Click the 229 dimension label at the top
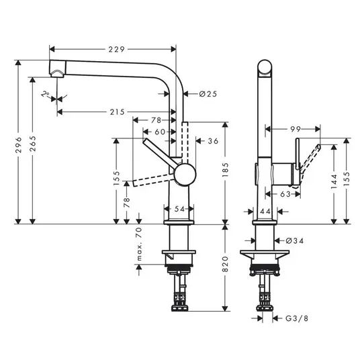(x=116, y=49)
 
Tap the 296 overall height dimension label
(x=18, y=145)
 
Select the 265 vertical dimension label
(x=34, y=144)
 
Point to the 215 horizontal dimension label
(x=117, y=112)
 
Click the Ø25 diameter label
(x=208, y=94)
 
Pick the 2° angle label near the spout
(x=46, y=94)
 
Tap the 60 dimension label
(x=160, y=132)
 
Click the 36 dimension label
(x=213, y=141)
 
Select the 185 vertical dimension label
(x=226, y=170)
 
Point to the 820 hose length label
(x=226, y=264)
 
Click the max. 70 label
(x=139, y=244)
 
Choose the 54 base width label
(x=179, y=209)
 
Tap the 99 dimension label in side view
(x=296, y=129)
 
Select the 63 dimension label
(x=285, y=195)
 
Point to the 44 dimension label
(x=265, y=211)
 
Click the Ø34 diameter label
(x=295, y=241)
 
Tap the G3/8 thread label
(x=297, y=318)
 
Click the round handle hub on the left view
(x=185, y=175)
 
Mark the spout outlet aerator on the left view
(x=58, y=74)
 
